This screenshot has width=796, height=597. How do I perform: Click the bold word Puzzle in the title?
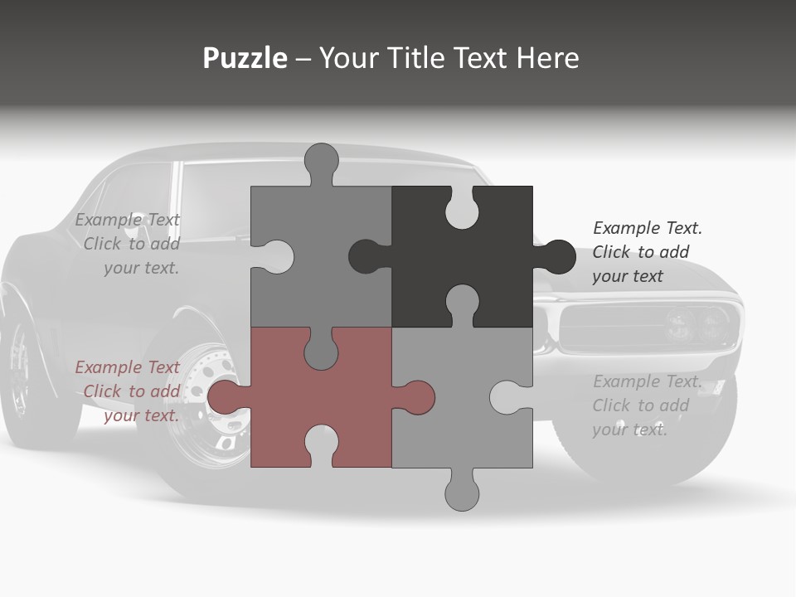click(x=245, y=58)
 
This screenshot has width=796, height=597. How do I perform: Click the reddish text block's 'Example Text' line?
click(x=127, y=367)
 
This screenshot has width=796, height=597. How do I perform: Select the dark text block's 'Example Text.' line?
click(x=648, y=228)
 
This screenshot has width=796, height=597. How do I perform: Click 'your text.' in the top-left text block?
click(x=141, y=268)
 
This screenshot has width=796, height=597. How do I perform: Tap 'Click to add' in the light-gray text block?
click(x=640, y=405)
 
